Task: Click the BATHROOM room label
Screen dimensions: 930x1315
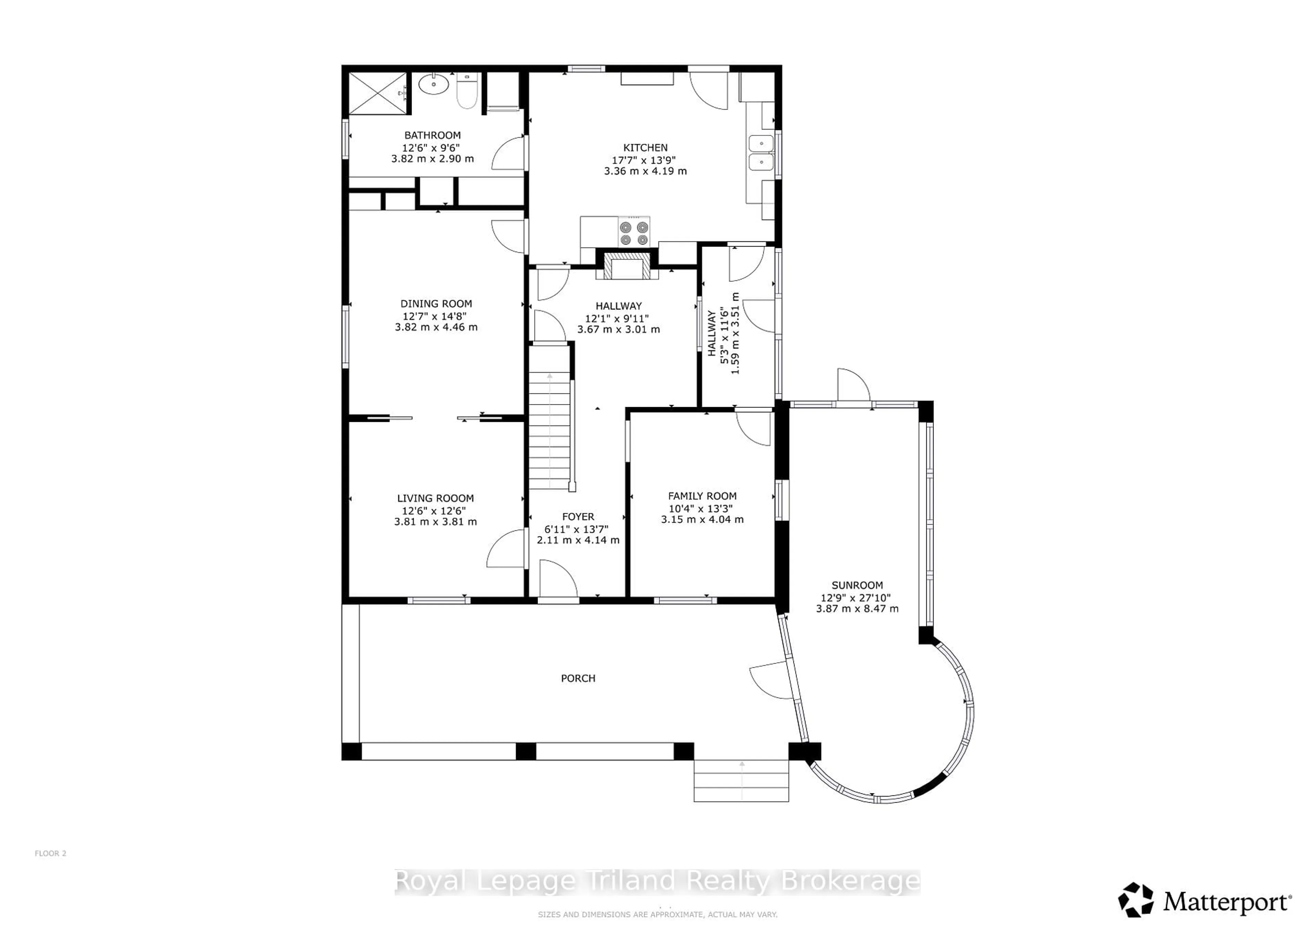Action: click(x=433, y=135)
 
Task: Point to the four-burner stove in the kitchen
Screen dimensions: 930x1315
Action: click(x=634, y=232)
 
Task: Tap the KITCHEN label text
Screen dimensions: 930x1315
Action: click(x=646, y=148)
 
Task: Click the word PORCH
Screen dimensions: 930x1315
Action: click(x=578, y=679)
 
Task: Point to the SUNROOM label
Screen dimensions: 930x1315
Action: click(x=857, y=585)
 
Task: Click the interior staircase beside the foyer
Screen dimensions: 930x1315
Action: click(x=549, y=429)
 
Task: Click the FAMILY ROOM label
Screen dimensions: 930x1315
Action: click(x=702, y=496)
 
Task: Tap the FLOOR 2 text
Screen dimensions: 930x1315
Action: click(x=50, y=853)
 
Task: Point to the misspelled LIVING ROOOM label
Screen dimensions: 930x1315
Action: click(x=435, y=498)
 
